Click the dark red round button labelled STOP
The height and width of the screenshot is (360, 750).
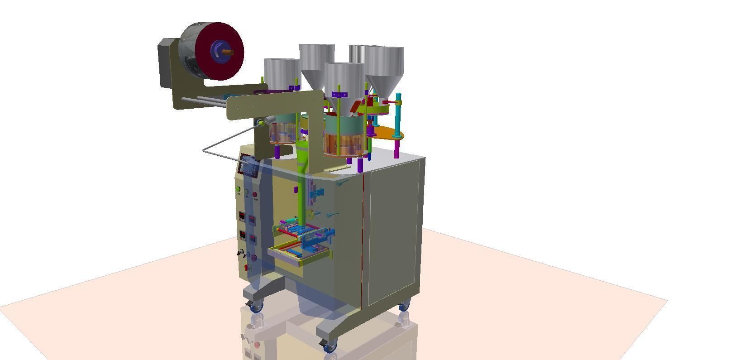pyautogui.click(x=255, y=195)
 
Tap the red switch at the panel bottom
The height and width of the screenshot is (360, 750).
pyautogui.click(x=247, y=267)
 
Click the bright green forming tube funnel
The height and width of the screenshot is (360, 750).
pyautogui.click(x=302, y=154)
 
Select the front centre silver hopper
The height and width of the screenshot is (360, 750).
pyautogui.click(x=344, y=82)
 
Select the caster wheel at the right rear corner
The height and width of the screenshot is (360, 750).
pyautogui.click(x=404, y=306)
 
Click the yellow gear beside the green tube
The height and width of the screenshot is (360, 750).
pyautogui.click(x=310, y=214)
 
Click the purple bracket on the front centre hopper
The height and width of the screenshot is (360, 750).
pyautogui.click(x=339, y=95)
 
